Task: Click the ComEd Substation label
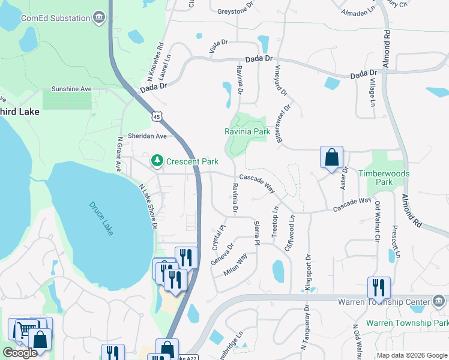[55, 18]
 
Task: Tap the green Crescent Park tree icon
[157, 161]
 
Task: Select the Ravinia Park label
[247, 131]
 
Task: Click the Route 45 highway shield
[157, 115]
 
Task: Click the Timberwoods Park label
[384, 178]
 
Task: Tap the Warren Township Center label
[384, 301]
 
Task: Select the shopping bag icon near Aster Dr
[331, 158]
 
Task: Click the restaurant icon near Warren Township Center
[379, 287]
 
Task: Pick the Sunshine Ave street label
[71, 89]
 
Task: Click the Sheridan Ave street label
[147, 136]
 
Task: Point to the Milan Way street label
[235, 264]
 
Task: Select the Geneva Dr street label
[221, 254]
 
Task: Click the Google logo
[20, 353]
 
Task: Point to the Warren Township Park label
[407, 323]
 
